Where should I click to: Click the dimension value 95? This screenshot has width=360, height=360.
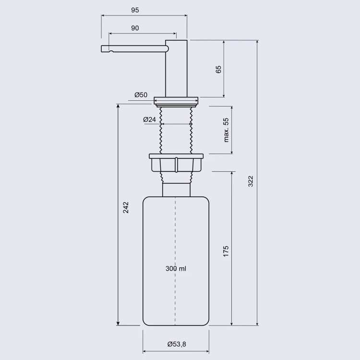[135, 10]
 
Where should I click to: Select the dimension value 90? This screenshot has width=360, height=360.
[135, 28]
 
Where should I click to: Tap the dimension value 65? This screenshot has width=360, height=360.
[218, 69]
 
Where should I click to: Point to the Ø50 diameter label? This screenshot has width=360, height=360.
[141, 95]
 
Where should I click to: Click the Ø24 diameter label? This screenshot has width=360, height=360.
[149, 120]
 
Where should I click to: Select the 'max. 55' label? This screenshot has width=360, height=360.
[226, 130]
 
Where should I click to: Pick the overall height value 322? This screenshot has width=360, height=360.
[251, 181]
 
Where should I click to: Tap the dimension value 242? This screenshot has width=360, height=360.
[126, 207]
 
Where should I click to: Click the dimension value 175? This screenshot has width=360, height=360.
[226, 251]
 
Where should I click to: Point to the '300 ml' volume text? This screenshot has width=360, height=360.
[176, 269]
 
